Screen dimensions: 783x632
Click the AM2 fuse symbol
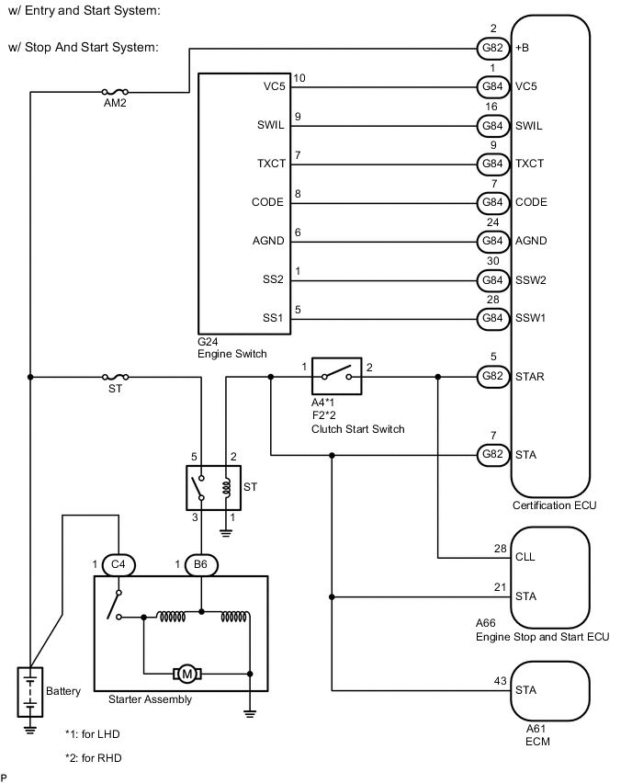point(115,92)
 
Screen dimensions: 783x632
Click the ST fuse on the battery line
point(115,377)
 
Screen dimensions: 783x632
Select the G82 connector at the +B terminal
point(488,48)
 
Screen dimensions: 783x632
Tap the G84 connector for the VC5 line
point(488,86)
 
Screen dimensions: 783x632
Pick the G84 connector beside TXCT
point(488,164)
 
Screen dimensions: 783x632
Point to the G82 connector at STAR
point(488,376)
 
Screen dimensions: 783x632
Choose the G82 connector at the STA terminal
point(488,454)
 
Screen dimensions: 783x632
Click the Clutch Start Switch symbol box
point(337,375)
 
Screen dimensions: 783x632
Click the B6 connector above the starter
point(200,563)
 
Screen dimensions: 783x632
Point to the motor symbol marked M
point(187,675)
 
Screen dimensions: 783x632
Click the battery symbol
point(30,691)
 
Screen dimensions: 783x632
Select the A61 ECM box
point(549,690)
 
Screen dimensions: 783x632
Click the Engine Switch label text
point(232,353)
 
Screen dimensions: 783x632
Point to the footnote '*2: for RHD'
point(93,758)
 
